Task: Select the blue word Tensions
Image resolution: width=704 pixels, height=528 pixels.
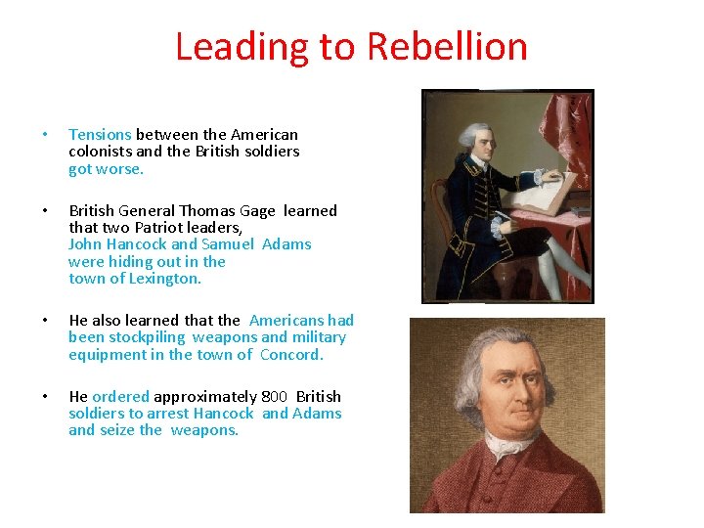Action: [x=100, y=134]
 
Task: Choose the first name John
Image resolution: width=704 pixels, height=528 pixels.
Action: [x=85, y=244]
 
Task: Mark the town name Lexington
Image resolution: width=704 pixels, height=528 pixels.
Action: [x=165, y=279]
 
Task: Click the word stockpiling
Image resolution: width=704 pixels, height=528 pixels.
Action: [x=149, y=337]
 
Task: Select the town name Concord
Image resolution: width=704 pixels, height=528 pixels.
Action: [x=290, y=354]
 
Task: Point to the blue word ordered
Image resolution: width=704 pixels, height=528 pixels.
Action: [x=120, y=396]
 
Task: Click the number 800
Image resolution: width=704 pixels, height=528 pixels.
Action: [x=274, y=396]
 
